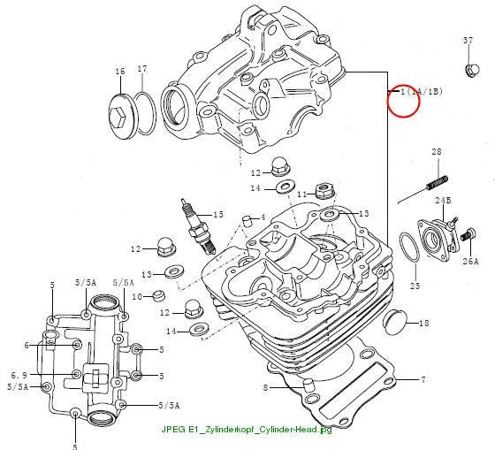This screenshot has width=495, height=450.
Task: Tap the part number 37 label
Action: [x=468, y=41]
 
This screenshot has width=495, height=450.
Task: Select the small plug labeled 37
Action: [x=473, y=70]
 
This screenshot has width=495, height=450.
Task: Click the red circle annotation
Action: [x=403, y=101]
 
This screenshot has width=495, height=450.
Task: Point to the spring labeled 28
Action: [x=438, y=182]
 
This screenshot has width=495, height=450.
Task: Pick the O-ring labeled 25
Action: [x=409, y=247]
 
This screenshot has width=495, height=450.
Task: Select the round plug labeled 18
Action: [x=394, y=323]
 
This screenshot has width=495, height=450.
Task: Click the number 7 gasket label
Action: [x=423, y=379]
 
